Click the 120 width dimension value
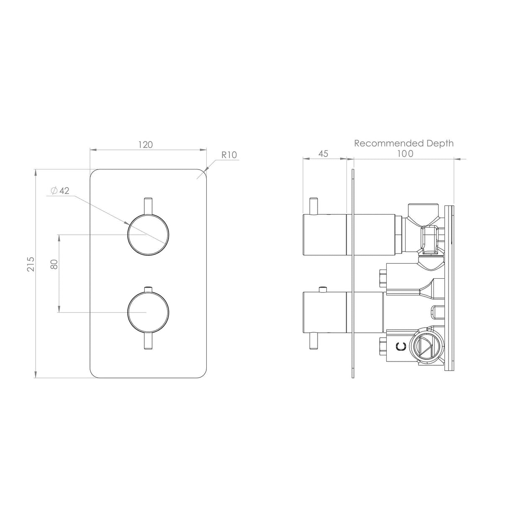pyautogui.click(x=146, y=145)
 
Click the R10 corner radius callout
pyautogui.click(x=229, y=155)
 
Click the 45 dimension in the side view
pyautogui.click(x=323, y=154)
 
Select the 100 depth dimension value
pyautogui.click(x=405, y=154)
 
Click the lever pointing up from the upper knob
pyautogui.click(x=148, y=206)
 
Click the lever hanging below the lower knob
pyautogui.click(x=148, y=341)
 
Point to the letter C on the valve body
pyautogui.click(x=401, y=346)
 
